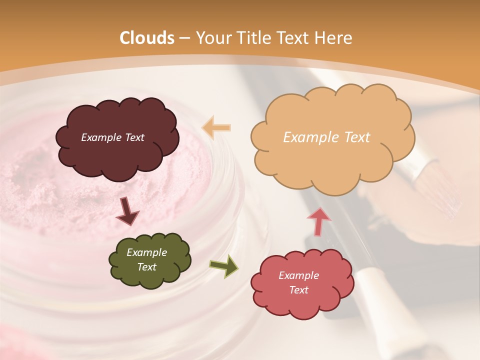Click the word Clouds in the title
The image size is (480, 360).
[x=147, y=38]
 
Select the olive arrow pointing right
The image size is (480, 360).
[x=224, y=266]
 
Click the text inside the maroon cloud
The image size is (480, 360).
[x=112, y=137]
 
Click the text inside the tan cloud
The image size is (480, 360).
[x=326, y=137]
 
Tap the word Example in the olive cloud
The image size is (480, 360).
[x=146, y=252]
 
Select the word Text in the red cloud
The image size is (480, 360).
[x=298, y=290]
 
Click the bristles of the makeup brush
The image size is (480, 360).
[x=440, y=192]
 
